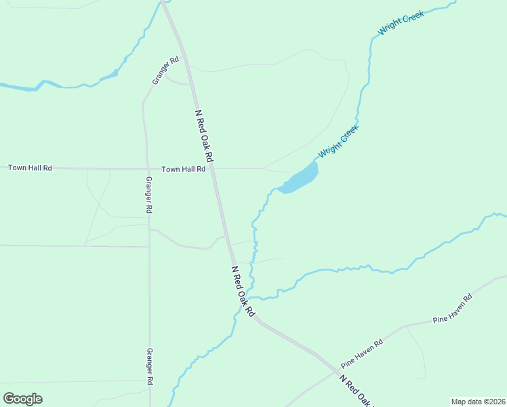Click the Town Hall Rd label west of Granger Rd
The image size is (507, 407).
click(30, 168)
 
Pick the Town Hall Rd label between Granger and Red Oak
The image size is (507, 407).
click(183, 169)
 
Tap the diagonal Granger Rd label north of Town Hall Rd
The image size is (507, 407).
click(165, 71)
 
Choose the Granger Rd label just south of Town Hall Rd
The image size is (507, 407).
click(149, 195)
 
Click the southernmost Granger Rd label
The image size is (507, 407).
click(150, 367)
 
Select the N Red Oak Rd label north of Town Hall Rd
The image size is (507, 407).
click(204, 136)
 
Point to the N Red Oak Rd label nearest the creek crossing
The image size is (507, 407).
click(242, 291)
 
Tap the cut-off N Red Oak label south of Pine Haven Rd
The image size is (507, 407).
click(355, 391)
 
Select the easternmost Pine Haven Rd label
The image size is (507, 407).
click(452, 309)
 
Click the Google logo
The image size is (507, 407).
click(22, 398)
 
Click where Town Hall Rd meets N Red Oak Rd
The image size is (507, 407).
click(212, 169)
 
